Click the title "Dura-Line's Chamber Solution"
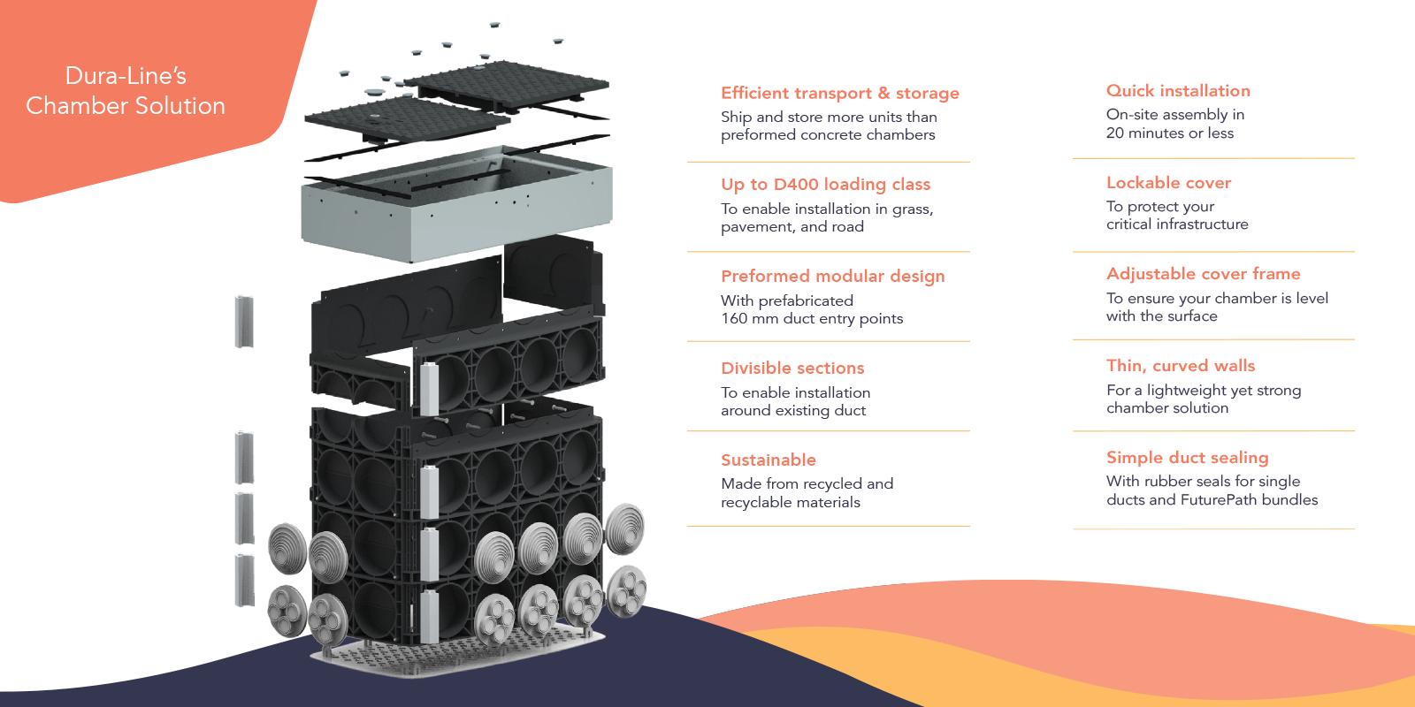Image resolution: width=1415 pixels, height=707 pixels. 126,91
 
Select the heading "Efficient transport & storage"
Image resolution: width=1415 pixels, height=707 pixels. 839,93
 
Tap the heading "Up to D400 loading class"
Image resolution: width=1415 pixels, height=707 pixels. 825,184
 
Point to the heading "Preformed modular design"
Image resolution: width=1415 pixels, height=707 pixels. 832,276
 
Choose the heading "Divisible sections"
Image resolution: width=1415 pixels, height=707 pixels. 792,368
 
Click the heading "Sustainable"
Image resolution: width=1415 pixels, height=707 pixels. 768,460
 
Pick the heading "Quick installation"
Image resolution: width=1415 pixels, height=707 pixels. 1178,90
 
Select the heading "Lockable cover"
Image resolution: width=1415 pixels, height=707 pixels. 1168,182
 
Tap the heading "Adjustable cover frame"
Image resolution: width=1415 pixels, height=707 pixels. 1203,273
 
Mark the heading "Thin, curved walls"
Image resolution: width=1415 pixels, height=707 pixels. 1181,365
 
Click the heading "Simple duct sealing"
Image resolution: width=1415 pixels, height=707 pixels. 1187,457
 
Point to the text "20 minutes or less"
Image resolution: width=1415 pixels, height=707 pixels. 1169,133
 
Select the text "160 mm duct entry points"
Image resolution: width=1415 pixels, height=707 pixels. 812,318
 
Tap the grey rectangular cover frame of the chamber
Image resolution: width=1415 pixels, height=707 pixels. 455,212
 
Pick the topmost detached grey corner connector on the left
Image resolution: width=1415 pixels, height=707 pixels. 244,322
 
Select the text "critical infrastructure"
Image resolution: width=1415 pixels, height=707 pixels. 1177,224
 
